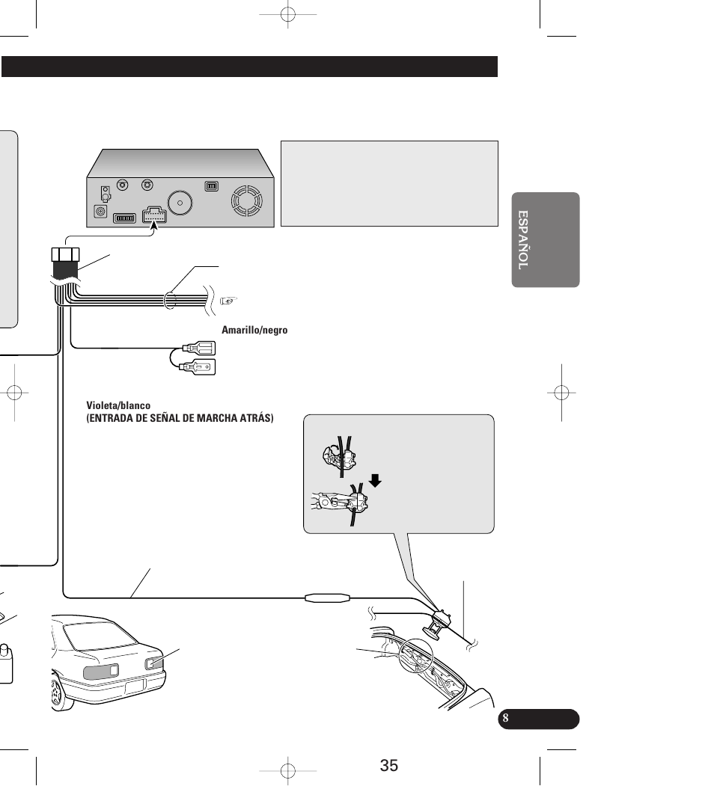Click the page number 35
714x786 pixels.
coord(389,766)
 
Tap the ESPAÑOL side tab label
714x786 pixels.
coord(523,239)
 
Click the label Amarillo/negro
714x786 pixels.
coord(254,330)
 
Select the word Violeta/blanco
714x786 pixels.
coord(118,405)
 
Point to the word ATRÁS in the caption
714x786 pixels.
coord(257,418)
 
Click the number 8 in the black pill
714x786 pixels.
coord(505,718)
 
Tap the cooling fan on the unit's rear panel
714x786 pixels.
coord(246,201)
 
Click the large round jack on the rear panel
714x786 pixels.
coord(180,203)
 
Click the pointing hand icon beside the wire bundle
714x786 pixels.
coord(228,301)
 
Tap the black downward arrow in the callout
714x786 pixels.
coord(375,481)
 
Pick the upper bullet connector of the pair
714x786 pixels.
coord(199,348)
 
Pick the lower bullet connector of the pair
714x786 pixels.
coord(199,367)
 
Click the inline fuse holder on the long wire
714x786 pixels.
coord(328,598)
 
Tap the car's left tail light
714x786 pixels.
coord(101,672)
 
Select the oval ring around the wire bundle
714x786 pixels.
coord(170,300)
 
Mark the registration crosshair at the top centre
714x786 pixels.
coord(288,14)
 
